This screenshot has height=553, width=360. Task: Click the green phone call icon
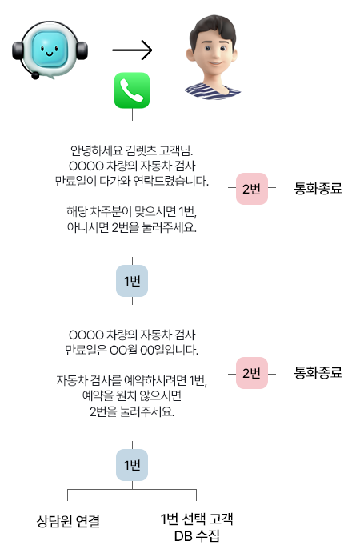(x=132, y=90)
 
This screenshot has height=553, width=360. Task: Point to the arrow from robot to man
(x=132, y=50)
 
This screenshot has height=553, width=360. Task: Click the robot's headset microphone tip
(x=35, y=75)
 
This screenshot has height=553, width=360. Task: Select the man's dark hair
(x=213, y=29)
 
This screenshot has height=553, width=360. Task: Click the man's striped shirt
(x=212, y=91)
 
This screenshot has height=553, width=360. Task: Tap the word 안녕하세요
(x=96, y=151)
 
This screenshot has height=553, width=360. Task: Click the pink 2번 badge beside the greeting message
(x=252, y=189)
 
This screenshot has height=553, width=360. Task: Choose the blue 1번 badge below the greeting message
(x=132, y=281)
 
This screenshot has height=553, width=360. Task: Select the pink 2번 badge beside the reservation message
(x=252, y=373)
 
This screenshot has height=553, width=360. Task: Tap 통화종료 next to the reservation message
(x=318, y=372)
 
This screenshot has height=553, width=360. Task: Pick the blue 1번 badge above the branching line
(x=132, y=465)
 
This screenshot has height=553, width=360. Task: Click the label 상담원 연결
(x=69, y=521)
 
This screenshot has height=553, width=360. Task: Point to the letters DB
(x=183, y=536)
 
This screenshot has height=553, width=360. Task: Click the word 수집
(x=208, y=535)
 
